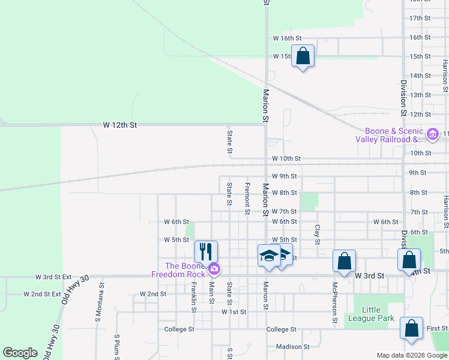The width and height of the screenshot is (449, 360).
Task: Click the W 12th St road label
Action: (x=120, y=125)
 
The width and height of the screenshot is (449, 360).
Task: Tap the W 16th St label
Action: (x=285, y=38)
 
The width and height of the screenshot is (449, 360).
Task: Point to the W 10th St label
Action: (x=285, y=158)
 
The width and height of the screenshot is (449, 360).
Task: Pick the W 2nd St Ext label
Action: (x=42, y=294)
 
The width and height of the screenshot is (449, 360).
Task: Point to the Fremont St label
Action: (x=247, y=199)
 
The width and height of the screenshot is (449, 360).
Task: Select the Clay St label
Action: (x=318, y=235)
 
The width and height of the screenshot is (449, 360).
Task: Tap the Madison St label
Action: (x=292, y=346)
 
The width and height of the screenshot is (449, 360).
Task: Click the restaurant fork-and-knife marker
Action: (x=206, y=251)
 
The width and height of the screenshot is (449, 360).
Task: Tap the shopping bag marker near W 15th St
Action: (x=303, y=56)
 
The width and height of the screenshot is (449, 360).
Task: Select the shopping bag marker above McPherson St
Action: (x=344, y=260)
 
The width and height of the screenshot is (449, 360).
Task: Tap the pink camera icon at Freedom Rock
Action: (x=214, y=268)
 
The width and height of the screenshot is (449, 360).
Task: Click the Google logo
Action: (x=20, y=353)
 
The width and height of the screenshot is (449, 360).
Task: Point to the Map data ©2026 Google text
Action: (x=411, y=355)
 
